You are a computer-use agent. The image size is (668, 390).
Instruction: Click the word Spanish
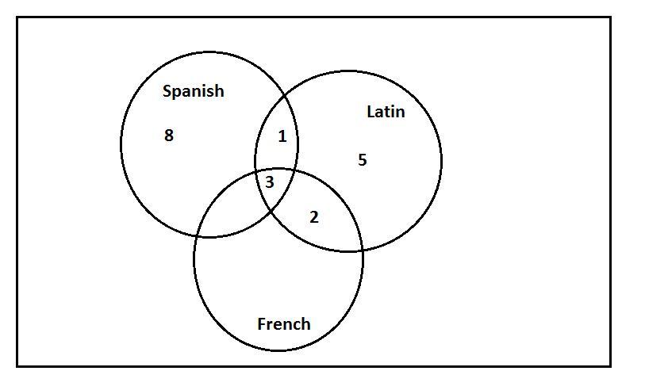[193, 91]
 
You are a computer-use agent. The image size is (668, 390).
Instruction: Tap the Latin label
[386, 112]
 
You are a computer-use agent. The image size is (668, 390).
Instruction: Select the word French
[283, 323]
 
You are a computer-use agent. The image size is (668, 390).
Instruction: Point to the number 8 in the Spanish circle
[168, 136]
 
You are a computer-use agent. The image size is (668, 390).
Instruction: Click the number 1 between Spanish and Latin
[282, 137]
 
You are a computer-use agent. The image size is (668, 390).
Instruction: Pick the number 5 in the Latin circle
[362, 160]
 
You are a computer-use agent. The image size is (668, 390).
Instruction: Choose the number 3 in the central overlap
[270, 182]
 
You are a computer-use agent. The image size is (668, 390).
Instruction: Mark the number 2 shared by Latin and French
[313, 217]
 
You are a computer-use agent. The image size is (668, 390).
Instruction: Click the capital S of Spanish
[167, 91]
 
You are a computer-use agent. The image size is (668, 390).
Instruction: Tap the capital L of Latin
[370, 112]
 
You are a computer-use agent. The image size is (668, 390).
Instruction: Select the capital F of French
[262, 323]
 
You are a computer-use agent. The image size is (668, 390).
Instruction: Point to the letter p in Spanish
[177, 93]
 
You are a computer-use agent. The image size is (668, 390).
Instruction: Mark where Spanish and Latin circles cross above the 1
[284, 97]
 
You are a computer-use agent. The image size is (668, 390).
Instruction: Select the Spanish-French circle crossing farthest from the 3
[202, 236]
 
